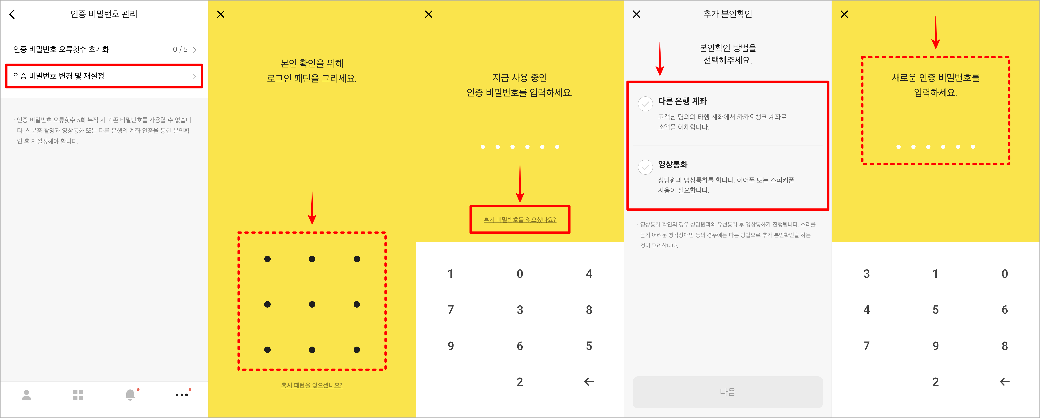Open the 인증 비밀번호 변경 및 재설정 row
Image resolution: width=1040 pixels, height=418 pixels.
pos(104,76)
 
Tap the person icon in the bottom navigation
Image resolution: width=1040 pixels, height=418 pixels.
pos(27,395)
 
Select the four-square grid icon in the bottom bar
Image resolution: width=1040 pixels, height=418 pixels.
pos(78,395)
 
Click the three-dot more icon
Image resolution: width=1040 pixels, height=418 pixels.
pos(182,395)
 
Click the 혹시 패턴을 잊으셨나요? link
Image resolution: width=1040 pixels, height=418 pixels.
pos(312,385)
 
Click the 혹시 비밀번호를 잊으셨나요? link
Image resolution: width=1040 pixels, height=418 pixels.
pos(520,220)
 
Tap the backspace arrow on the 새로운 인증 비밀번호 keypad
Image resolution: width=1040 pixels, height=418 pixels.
pos(1005,382)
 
